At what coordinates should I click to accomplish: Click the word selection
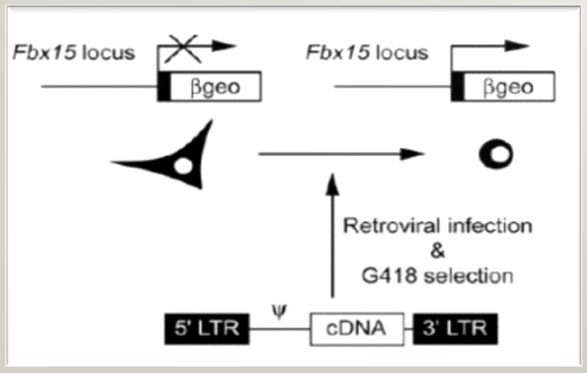pyautogui.click(x=468, y=275)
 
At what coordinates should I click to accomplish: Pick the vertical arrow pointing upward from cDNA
pyautogui.click(x=333, y=236)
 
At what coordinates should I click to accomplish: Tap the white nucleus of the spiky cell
pyautogui.click(x=183, y=166)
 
